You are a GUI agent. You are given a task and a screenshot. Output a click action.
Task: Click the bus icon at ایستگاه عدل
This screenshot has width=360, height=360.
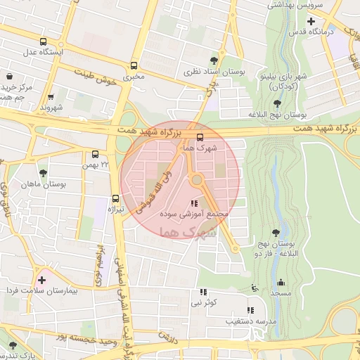tap(44, 41)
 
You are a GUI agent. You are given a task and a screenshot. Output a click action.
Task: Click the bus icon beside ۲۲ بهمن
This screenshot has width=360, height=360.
tap(95, 154)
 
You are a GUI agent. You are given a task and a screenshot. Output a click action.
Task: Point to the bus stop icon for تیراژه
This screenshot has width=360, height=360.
tap(115, 199)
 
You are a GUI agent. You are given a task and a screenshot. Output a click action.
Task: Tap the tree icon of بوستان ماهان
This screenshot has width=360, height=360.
tap(44, 172)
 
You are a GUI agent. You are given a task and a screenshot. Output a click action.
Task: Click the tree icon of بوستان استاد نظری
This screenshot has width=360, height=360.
tap(223, 60)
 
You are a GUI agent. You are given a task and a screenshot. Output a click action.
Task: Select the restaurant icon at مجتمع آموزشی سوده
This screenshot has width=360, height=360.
tap(194, 203)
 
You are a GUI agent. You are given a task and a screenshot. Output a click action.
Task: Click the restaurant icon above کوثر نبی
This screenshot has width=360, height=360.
tap(203, 291)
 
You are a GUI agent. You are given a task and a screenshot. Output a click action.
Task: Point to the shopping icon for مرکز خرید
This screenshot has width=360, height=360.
tap(9, 76)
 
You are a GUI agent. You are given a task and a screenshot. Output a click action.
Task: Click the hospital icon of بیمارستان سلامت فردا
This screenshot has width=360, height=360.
tap(41, 280)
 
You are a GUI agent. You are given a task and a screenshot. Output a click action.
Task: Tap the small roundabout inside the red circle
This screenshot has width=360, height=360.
tap(197, 181)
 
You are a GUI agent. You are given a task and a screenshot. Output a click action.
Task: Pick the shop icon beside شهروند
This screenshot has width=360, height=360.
tap(51, 97)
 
